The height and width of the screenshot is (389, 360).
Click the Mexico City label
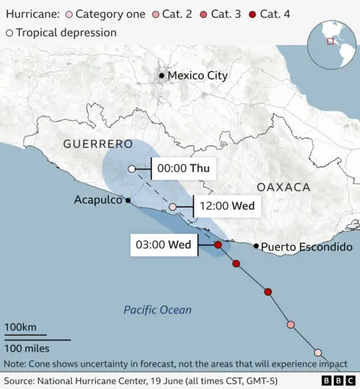coord(197,76)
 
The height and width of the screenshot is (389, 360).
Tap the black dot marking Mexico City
coord(161,76)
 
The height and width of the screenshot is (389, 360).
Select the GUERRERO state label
coord(97,143)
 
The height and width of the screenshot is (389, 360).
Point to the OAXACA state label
coord(283,187)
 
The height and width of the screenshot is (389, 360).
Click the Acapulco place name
coord(98,200)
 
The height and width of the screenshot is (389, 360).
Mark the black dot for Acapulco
coord(129,200)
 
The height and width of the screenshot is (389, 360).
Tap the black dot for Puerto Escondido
coord(256,246)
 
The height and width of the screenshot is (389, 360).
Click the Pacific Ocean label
coord(157,310)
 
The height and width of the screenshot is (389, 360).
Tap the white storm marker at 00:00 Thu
coord(132,169)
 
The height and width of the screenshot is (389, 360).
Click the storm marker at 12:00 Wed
coord(173,207)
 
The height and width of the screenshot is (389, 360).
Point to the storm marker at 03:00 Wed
coord(217,245)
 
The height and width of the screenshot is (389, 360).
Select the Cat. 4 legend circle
coord(253,13)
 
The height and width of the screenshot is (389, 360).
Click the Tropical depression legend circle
coord(9,32)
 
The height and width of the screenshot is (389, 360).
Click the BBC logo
coord(339,380)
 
